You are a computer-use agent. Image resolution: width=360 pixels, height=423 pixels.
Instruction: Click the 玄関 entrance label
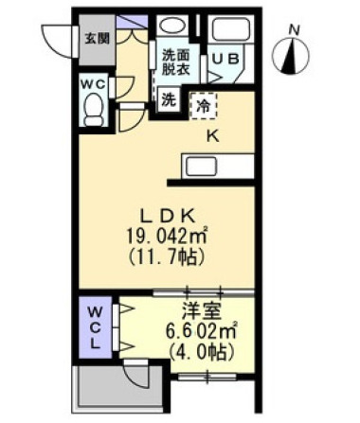(96, 39)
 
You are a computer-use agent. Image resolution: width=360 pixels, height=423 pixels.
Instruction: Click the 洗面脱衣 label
(175, 62)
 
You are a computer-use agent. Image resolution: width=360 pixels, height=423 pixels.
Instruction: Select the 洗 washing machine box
(167, 97)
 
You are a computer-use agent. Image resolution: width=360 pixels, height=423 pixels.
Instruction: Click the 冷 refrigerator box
(203, 104)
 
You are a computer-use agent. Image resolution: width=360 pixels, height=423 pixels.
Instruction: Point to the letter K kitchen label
(213, 134)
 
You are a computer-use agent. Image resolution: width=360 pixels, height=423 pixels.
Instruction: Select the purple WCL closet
(97, 327)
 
